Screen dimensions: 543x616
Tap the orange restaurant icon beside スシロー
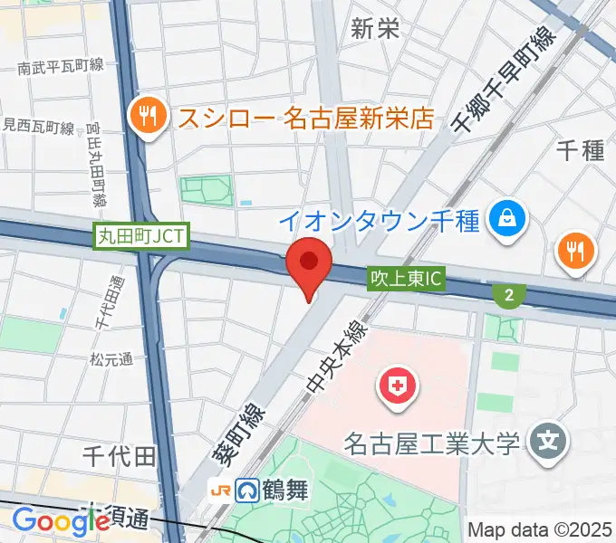(x=146, y=115)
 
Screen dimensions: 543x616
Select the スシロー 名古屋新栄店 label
(x=305, y=118)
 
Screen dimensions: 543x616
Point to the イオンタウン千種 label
(x=379, y=220)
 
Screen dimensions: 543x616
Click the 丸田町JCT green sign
(x=141, y=236)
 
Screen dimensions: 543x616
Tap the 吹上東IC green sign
(x=406, y=279)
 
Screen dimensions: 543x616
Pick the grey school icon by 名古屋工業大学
(x=547, y=443)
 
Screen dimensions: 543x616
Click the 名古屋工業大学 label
(x=432, y=444)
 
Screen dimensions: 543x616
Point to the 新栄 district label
(x=375, y=28)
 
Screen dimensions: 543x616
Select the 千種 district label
(x=580, y=149)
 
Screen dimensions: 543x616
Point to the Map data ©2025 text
(x=540, y=529)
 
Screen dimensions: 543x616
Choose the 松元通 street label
(x=111, y=359)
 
